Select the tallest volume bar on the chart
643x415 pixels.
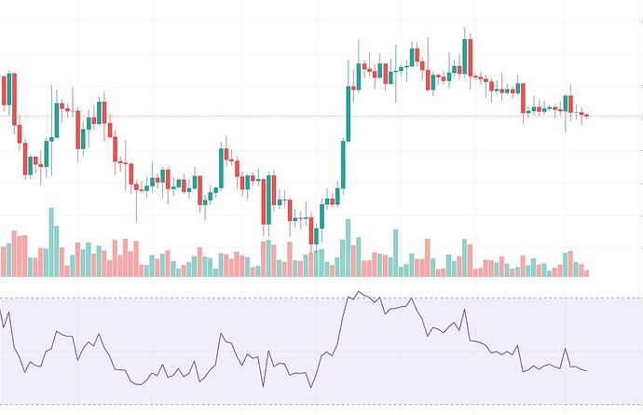[x=52, y=241]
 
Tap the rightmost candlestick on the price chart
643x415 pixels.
[x=586, y=116]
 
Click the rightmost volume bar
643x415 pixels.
[x=586, y=272]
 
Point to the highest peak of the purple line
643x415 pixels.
[x=359, y=292]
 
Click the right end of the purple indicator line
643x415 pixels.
[x=587, y=371]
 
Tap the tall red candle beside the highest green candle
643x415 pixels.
[x=471, y=59]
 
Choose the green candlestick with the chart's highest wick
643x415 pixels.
[x=464, y=56]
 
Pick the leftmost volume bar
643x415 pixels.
[x=2, y=261]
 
